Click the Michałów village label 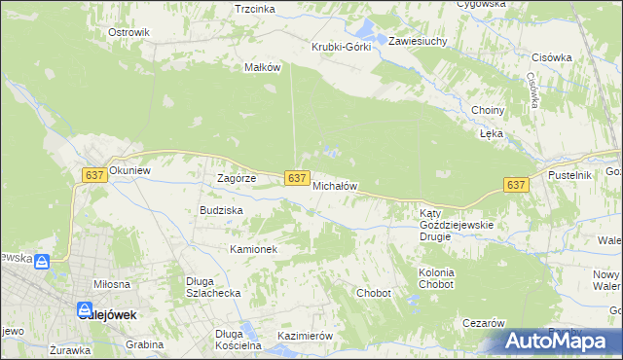click(336, 185)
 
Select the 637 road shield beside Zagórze click(298, 177)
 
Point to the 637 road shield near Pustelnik click(516, 185)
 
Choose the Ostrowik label click(128, 32)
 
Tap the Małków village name click(263, 67)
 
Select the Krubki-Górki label click(341, 47)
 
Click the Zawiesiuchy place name click(418, 42)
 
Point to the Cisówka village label click(552, 56)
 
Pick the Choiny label click(487, 110)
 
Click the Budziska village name click(221, 209)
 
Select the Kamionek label click(254, 249)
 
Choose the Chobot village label click(374, 293)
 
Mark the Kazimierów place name click(306, 336)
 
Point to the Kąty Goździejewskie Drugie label click(457, 225)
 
